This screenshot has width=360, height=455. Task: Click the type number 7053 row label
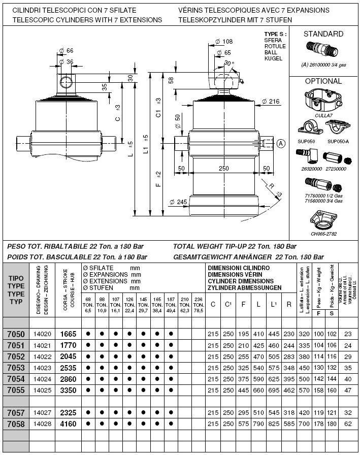[16, 367]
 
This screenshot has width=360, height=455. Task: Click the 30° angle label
[230, 63]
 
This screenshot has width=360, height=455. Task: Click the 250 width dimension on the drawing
[223, 168]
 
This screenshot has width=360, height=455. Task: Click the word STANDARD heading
[323, 34]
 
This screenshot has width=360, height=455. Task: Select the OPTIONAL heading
[323, 81]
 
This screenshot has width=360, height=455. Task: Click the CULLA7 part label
[323, 116]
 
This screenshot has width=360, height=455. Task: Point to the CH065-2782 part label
[323, 234]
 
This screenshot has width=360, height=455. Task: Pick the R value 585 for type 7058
[289, 422]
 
